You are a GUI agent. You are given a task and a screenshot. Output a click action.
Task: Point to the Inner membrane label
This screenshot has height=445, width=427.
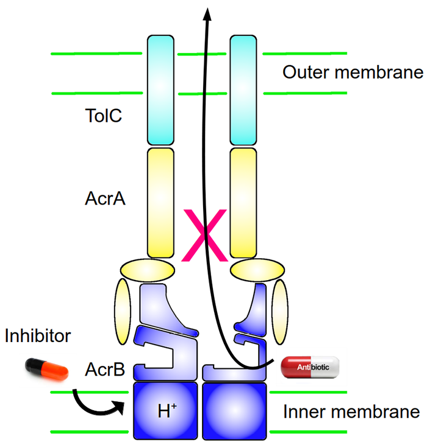351,412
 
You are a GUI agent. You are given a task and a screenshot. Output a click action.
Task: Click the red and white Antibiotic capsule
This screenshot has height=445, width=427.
310,366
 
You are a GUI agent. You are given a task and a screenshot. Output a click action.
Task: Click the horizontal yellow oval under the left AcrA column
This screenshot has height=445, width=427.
147,268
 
